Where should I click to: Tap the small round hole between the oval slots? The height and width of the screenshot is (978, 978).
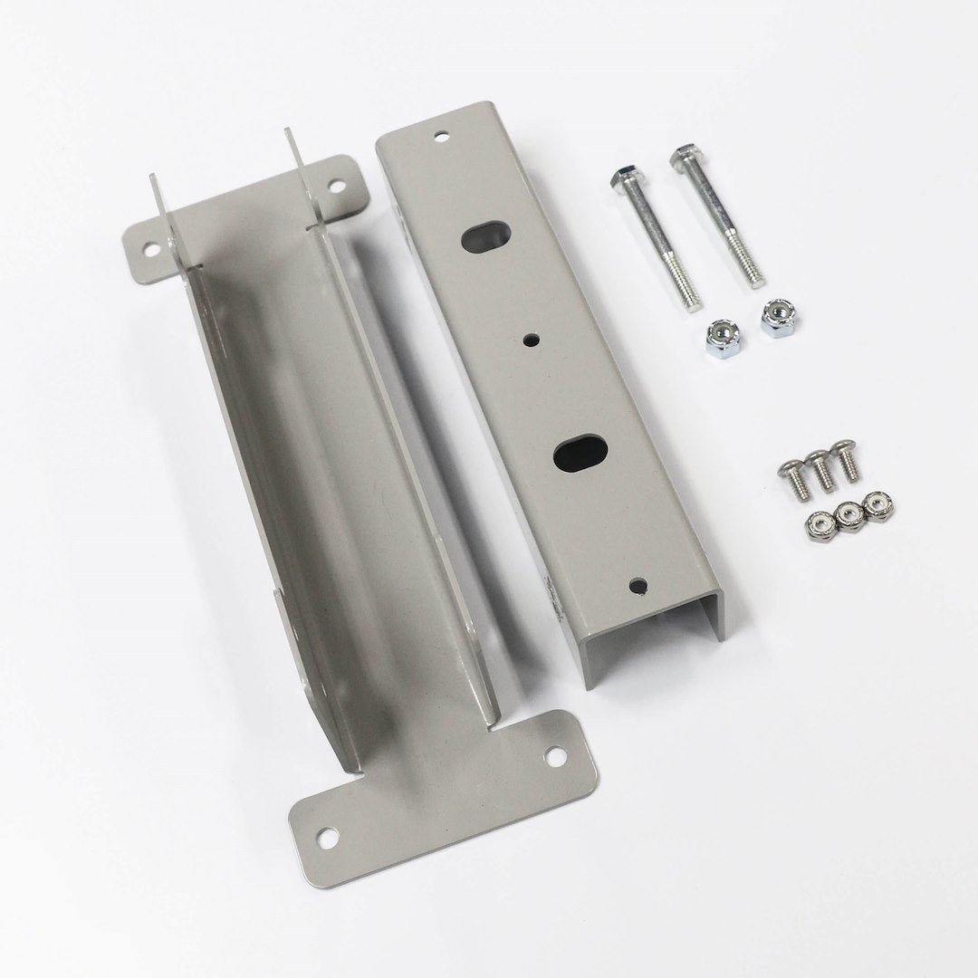529,341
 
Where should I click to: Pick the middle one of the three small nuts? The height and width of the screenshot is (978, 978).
849,514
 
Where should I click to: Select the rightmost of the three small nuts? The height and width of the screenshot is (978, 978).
876,503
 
